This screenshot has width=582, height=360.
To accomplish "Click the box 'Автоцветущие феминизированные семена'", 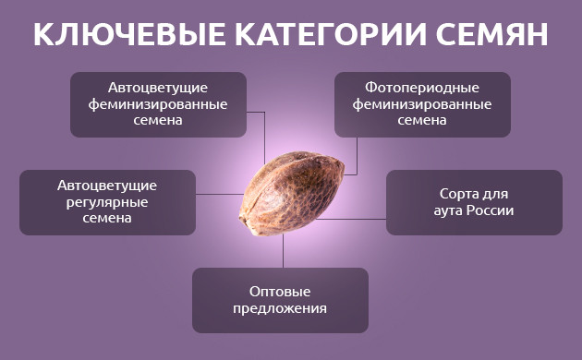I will tap(158, 104).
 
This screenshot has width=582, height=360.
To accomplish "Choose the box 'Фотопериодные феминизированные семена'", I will tap(422, 104).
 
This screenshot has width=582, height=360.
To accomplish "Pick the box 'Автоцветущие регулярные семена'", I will tap(107, 201).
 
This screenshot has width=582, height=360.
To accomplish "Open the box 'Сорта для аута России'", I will tap(474, 201).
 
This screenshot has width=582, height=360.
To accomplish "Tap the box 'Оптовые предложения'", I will tap(280, 299).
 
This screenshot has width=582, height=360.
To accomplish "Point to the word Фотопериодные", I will tap(422, 90).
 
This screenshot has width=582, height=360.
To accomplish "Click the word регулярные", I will tap(107, 201).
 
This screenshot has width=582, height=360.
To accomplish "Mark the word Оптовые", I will tap(280, 290).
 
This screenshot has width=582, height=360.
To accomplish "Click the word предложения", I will tap(280, 308).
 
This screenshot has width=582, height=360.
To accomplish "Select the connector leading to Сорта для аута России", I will tap(356, 219).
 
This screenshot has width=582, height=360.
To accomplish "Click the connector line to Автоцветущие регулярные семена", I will tap(219, 194).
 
